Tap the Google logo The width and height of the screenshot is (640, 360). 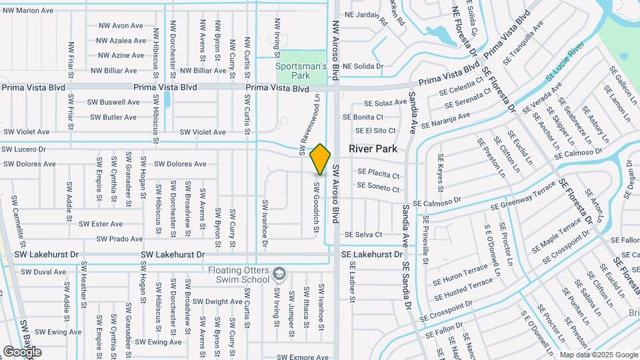(21, 351)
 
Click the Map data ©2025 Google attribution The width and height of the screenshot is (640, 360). (598, 355)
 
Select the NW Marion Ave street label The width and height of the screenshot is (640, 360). (29, 11)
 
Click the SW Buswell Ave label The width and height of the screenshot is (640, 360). (113, 102)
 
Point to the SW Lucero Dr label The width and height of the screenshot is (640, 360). (23, 149)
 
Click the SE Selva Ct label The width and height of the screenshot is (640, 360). (363, 235)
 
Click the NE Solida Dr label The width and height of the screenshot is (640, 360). (363, 66)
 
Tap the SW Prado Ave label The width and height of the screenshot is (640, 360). (119, 239)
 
